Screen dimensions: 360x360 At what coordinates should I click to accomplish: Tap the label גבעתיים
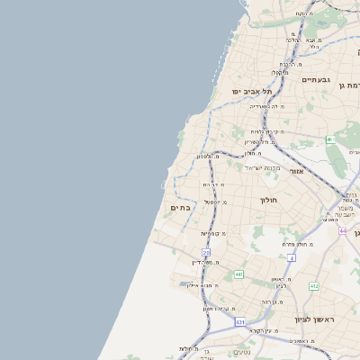tap(316, 81)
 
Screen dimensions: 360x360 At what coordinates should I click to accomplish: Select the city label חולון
tap(271, 200)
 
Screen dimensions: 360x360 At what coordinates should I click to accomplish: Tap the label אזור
tap(297, 169)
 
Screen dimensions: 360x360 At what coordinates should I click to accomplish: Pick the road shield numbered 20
tap(206, 253)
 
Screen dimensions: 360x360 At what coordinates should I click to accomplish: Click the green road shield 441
tap(238, 274)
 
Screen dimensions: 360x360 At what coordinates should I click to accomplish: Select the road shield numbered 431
tap(240, 321)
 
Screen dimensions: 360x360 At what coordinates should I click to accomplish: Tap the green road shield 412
tap(313, 286)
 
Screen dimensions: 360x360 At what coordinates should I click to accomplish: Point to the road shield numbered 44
tap(343, 231)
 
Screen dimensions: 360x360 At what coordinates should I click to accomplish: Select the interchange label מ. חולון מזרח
tap(296, 244)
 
